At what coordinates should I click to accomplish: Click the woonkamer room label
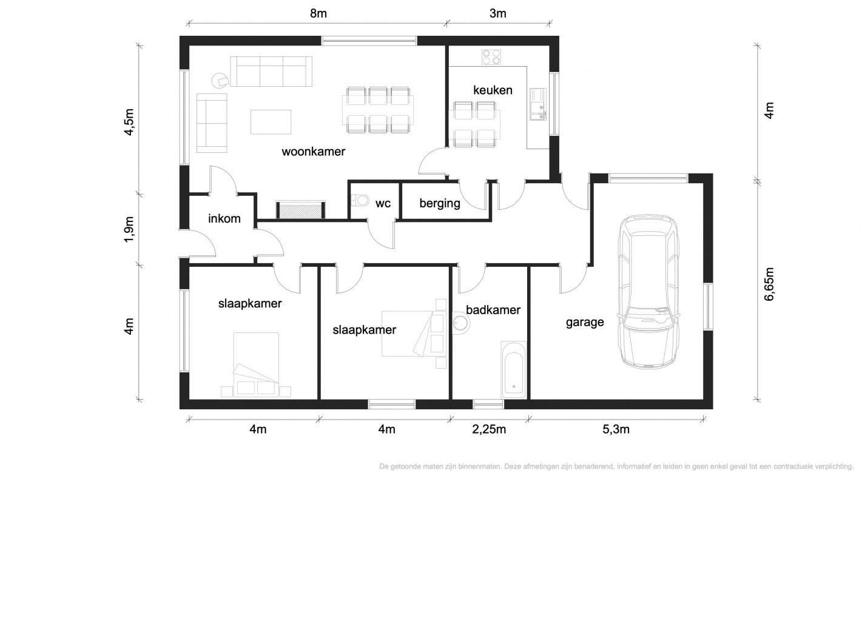pos(313,152)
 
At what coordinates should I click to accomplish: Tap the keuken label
pos(493,90)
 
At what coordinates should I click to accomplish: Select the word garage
pos(585,323)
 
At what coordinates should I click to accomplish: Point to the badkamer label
pos(493,310)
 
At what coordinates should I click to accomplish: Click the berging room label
pos(439,203)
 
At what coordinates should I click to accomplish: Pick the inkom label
pos(224,218)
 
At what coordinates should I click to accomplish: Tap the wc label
pos(383,204)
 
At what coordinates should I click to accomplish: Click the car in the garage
pos(648,292)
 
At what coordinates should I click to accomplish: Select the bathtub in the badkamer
pos(513,370)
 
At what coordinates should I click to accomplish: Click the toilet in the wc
pos(360,201)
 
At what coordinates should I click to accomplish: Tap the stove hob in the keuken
pos(491,57)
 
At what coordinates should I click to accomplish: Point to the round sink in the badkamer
pos(460,323)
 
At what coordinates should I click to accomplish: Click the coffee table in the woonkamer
pos(271,122)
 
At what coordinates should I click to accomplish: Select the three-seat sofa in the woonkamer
pos(271,72)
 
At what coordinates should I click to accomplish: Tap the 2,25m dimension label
pos(489,429)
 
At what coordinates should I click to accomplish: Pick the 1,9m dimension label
pos(129,230)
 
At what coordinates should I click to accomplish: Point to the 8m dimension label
pos(318,13)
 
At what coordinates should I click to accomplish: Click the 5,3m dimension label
pos(616,429)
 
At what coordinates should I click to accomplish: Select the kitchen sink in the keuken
pos(538,104)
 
